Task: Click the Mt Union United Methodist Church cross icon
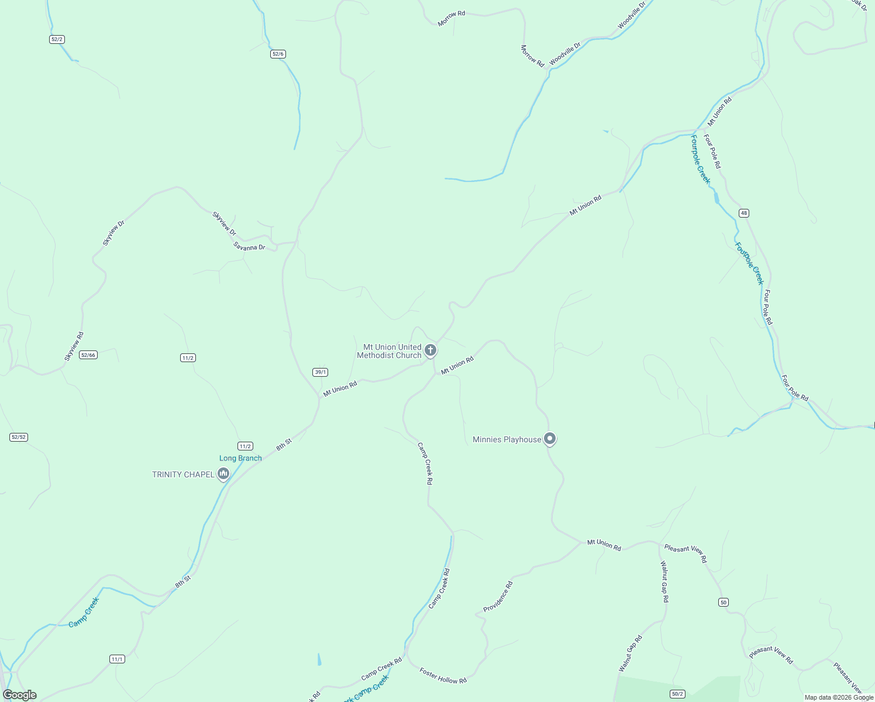click(x=430, y=350)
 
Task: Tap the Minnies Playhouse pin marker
click(x=549, y=438)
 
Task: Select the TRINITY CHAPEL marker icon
click(x=223, y=474)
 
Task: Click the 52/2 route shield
click(x=57, y=39)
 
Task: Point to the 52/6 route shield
click(x=278, y=54)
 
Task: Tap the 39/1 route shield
click(x=320, y=372)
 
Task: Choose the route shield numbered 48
click(x=743, y=213)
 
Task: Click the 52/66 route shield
click(x=88, y=355)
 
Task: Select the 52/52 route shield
click(x=19, y=437)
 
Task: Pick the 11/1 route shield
click(x=117, y=659)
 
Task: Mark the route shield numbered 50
click(x=724, y=603)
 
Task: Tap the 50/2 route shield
click(x=677, y=694)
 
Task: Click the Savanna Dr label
click(x=249, y=247)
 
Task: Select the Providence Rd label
click(x=498, y=597)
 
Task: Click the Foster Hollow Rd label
click(x=443, y=676)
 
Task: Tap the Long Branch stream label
click(x=240, y=458)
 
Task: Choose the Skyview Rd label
click(x=74, y=346)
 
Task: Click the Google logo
click(x=20, y=695)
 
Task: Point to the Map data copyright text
click(x=839, y=697)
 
